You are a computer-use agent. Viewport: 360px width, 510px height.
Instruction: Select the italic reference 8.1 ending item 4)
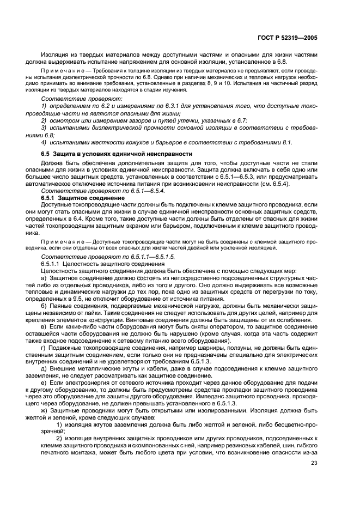point(286,143)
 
